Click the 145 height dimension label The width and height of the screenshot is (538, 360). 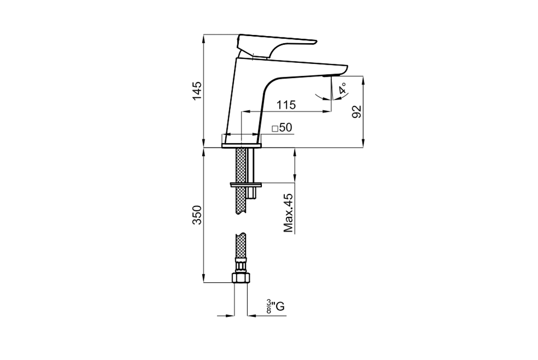pyautogui.click(x=197, y=91)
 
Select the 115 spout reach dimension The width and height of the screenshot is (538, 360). pyautogui.click(x=286, y=105)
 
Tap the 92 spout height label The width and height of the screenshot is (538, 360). pyautogui.click(x=357, y=111)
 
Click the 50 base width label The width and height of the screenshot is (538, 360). pyautogui.click(x=285, y=128)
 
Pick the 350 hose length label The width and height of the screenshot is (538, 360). pyautogui.click(x=197, y=215)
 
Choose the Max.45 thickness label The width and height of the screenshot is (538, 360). pyautogui.click(x=289, y=213)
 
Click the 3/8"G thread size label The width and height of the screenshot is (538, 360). pyautogui.click(x=276, y=306)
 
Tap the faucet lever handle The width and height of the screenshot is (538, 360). pyautogui.click(x=274, y=45)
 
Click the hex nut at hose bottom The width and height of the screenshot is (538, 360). pyautogui.click(x=241, y=277)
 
